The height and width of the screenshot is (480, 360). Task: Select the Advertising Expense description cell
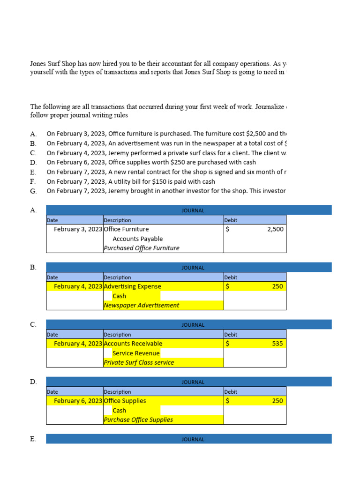tap(132, 286)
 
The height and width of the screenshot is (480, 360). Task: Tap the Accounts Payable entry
tap(138, 239)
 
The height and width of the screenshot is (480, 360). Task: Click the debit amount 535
tap(277, 344)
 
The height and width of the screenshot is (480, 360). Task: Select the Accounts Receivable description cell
tap(133, 344)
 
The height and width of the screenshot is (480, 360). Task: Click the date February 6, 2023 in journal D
tap(78, 401)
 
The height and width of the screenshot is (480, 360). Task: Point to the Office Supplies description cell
tap(125, 401)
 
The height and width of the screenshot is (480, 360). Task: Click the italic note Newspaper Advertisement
tap(141, 305)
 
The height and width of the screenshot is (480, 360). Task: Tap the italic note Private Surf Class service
tap(139, 362)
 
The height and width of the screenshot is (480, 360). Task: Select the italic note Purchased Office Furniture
tap(141, 248)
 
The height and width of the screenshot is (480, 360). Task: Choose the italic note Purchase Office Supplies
tap(138, 420)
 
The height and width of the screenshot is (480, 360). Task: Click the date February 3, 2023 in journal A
tap(78, 229)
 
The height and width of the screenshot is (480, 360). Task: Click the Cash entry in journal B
tap(119, 296)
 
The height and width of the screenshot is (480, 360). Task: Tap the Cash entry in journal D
tap(119, 410)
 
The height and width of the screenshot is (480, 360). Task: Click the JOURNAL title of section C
tap(193, 325)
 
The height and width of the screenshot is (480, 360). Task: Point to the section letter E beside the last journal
tap(33, 439)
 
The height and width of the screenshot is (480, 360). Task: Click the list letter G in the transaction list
tap(33, 191)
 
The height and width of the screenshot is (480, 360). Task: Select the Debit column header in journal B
tap(231, 277)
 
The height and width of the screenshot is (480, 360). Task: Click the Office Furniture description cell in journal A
tap(126, 229)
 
